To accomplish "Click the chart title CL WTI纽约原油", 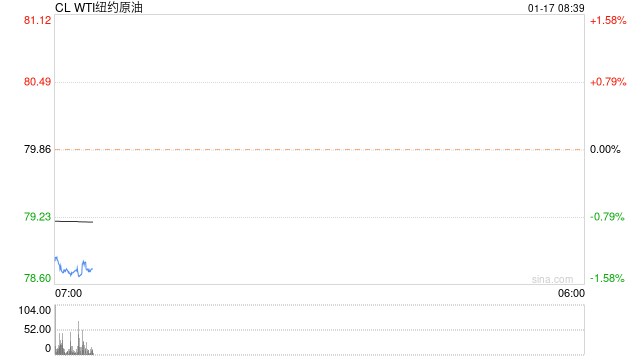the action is click(99, 8).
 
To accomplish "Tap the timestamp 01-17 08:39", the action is click(556, 8).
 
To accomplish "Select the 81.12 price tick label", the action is click(38, 20).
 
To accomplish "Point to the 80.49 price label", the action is click(38, 82).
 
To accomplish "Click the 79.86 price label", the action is click(38, 149).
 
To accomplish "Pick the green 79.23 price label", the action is click(38, 217).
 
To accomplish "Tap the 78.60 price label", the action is click(38, 278).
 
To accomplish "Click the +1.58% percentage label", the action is click(608, 20).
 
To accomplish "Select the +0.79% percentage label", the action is click(608, 82).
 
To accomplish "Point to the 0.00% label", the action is click(605, 149).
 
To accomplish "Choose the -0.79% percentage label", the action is click(607, 217).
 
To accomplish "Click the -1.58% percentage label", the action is click(607, 278).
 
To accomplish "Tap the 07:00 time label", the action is click(69, 293).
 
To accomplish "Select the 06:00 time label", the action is click(571, 293).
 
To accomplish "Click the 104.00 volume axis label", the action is click(35, 310).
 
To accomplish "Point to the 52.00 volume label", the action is click(38, 329).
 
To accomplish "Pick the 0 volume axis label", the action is click(48, 348).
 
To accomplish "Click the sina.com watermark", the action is click(553, 279).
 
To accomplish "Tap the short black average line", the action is click(74, 221).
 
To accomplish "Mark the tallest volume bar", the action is click(79, 338).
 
